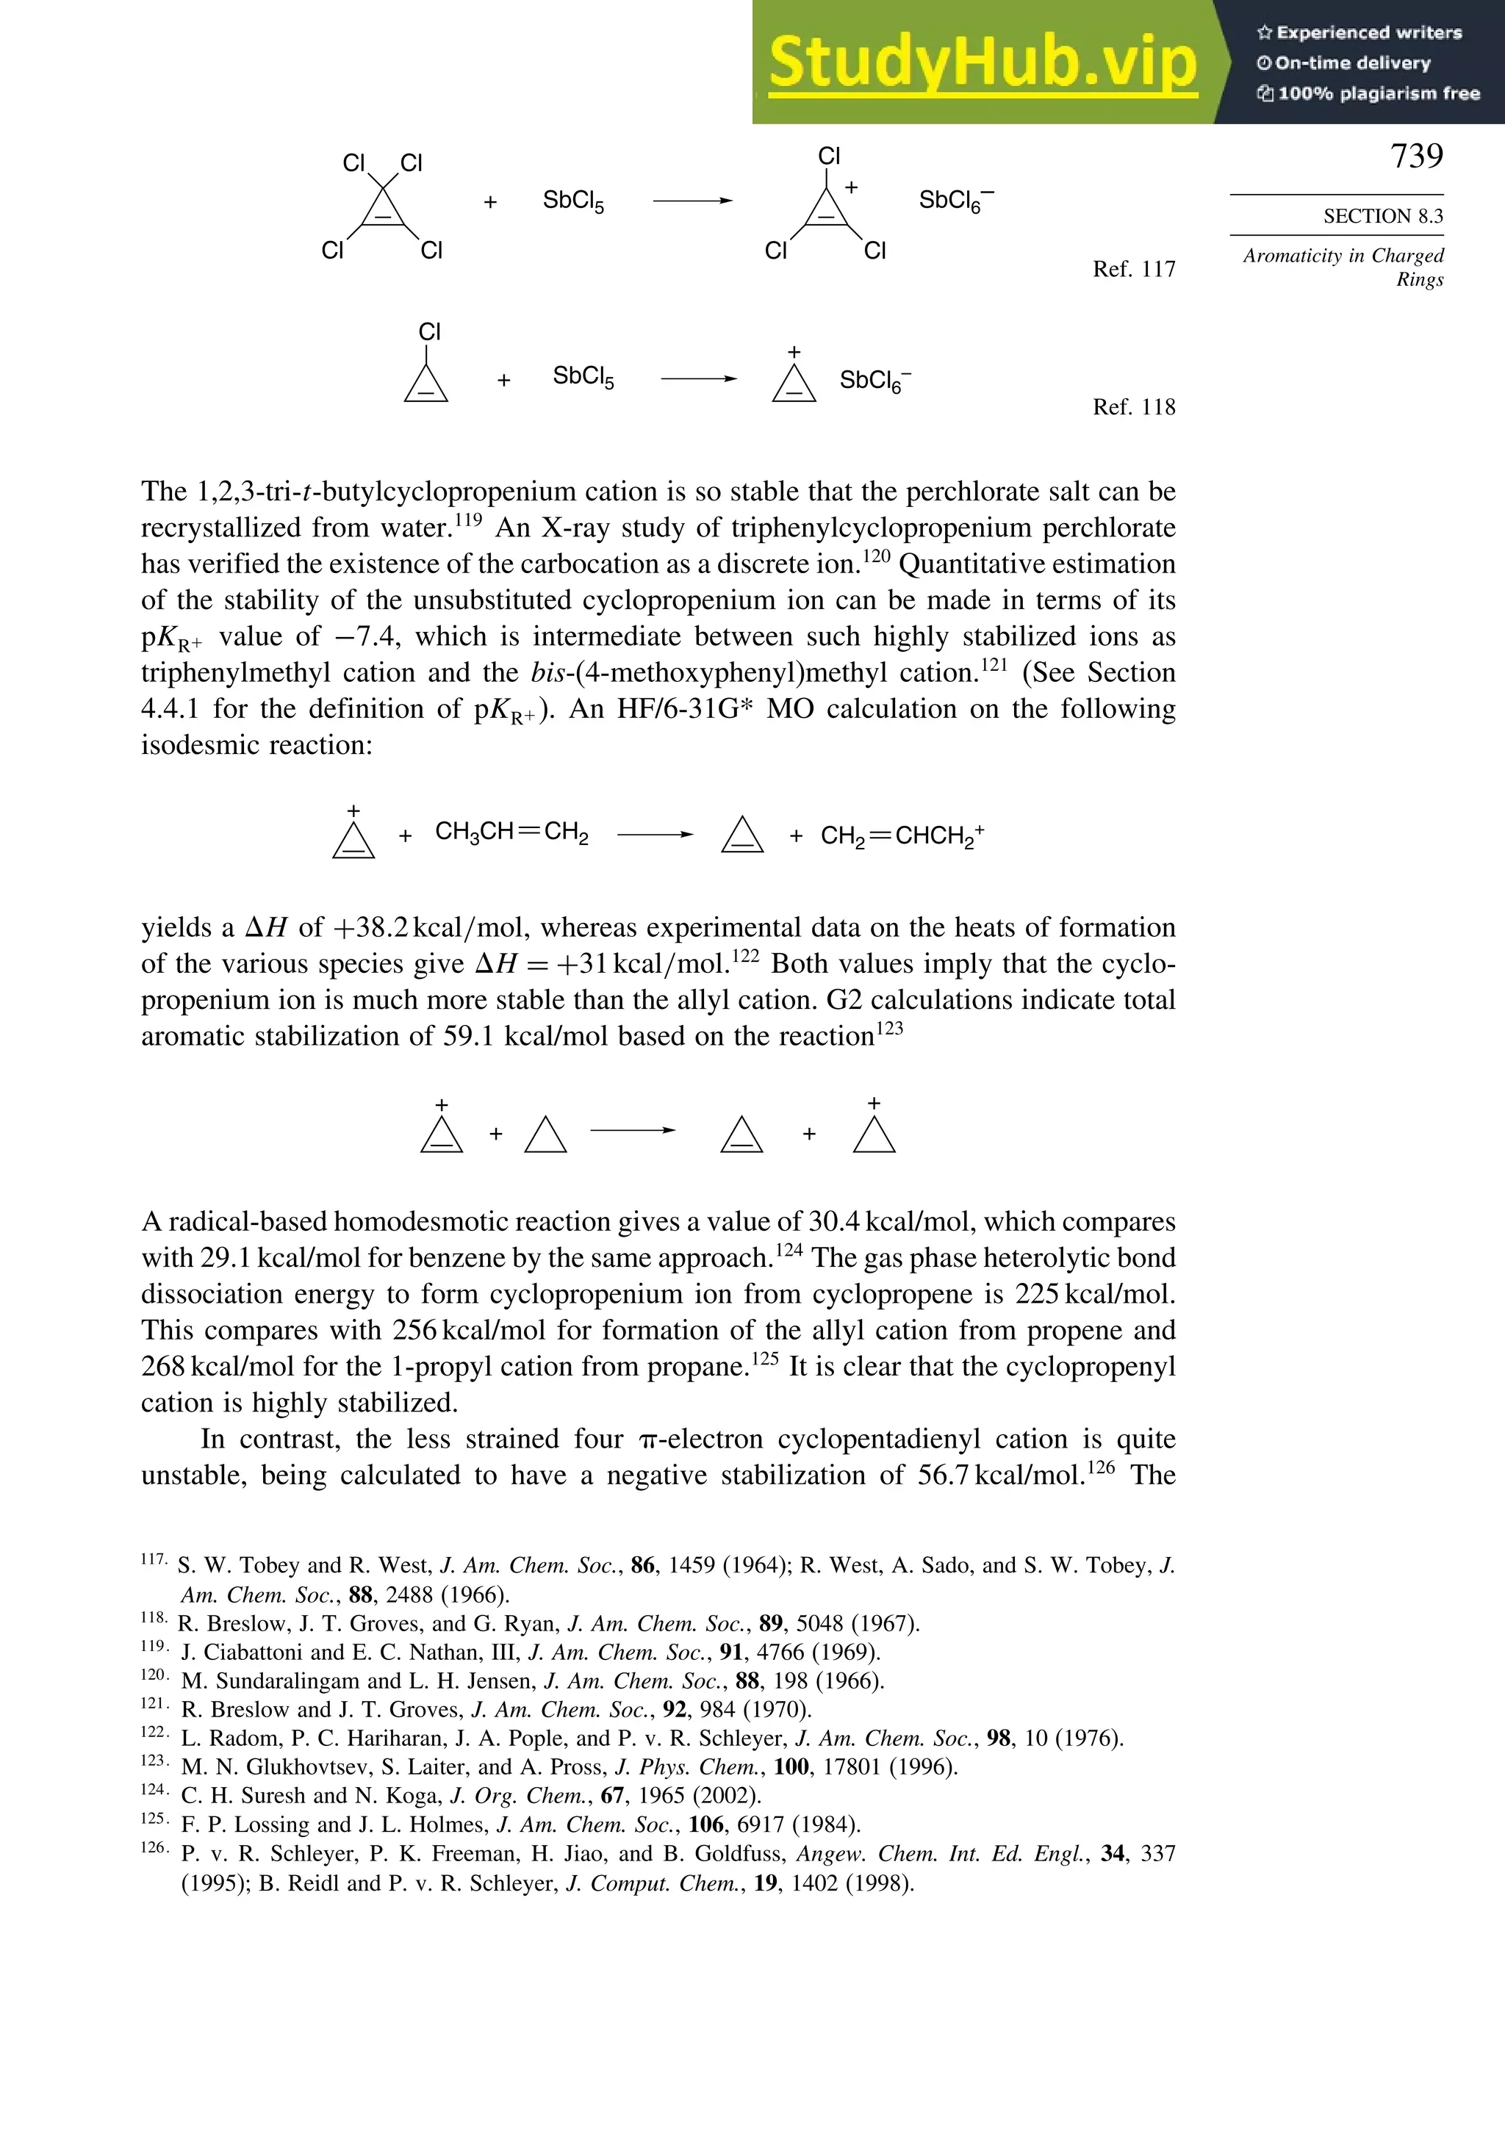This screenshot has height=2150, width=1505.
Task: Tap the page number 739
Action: (1416, 157)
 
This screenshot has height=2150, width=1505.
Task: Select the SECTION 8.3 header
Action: (1382, 216)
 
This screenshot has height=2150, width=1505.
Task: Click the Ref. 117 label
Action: (1133, 270)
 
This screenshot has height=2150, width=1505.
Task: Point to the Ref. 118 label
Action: (1133, 407)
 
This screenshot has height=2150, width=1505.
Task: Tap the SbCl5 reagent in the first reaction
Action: (573, 201)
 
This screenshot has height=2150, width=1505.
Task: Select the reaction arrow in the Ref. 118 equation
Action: (697, 379)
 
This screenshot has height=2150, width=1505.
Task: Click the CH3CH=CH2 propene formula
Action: (511, 833)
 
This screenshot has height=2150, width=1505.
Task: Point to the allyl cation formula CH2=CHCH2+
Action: (902, 835)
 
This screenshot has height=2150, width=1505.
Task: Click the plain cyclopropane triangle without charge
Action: (545, 1135)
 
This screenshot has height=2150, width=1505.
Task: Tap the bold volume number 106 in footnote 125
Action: (706, 1824)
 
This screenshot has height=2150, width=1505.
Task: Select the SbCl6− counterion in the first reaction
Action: (955, 201)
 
